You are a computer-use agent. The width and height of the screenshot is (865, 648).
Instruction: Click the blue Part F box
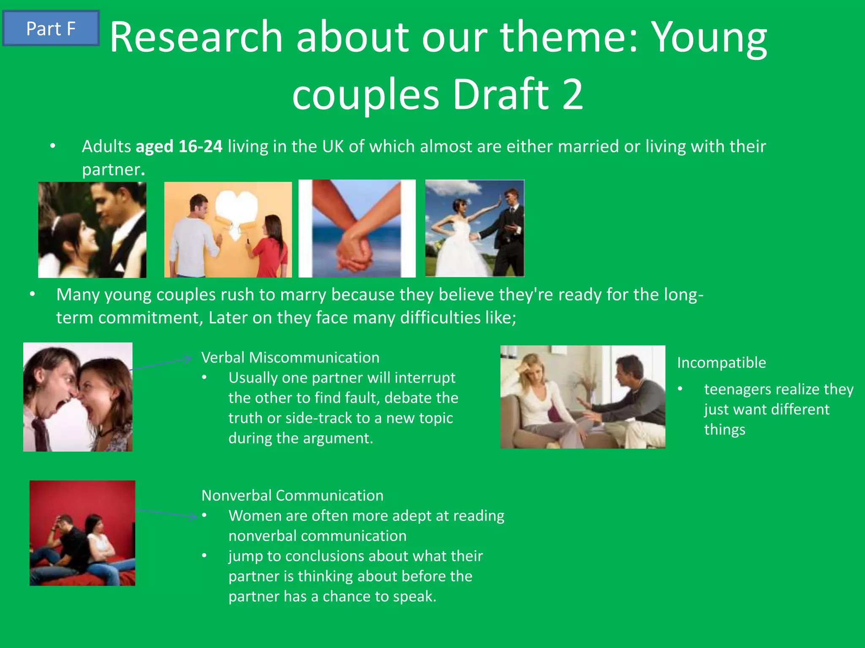tap(51, 28)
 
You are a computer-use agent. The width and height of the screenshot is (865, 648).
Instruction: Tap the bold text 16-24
tap(200, 146)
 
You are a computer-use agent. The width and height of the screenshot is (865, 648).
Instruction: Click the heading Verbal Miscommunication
tap(290, 357)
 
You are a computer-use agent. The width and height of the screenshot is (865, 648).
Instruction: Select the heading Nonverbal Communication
tap(292, 495)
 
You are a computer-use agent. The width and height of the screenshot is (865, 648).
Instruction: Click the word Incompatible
tap(721, 362)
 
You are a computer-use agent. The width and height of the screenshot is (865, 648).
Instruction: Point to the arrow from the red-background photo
tap(167, 513)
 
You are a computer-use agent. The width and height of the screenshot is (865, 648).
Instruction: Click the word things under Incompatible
tap(724, 429)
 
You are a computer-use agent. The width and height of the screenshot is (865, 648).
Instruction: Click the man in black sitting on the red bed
tap(72, 544)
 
